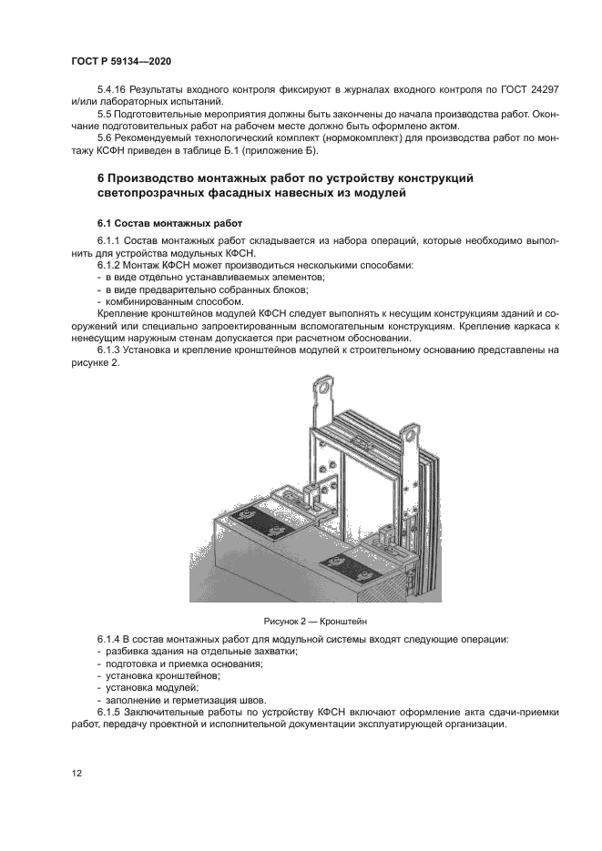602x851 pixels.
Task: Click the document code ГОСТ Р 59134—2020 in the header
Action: click(x=120, y=61)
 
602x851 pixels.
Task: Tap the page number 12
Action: click(x=76, y=774)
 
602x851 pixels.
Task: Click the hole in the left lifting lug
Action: click(x=321, y=394)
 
